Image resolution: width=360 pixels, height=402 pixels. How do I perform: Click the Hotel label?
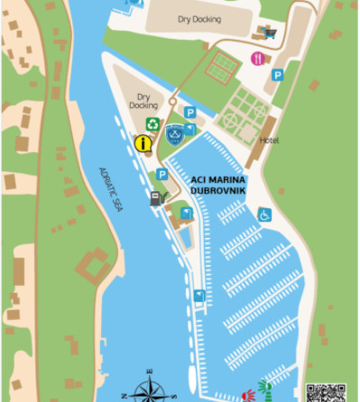[269, 142]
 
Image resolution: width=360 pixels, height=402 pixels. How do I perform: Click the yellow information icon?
[142, 142]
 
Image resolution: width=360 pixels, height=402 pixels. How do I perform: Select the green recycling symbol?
[153, 124]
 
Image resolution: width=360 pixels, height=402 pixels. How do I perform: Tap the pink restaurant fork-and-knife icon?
[258, 59]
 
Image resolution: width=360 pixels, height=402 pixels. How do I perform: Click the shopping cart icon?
[271, 33]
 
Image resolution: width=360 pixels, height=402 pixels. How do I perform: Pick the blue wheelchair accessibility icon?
[264, 215]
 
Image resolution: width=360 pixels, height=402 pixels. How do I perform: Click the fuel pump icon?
[156, 197]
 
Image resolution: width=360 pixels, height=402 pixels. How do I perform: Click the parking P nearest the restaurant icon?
[278, 75]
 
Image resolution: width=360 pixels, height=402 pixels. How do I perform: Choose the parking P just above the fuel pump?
[162, 174]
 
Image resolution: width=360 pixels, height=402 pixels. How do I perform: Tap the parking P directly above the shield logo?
[189, 113]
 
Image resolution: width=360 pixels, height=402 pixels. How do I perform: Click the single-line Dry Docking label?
[198, 18]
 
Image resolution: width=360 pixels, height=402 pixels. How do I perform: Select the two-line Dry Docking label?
[143, 100]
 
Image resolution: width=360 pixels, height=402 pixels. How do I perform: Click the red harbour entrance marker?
[248, 394]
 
